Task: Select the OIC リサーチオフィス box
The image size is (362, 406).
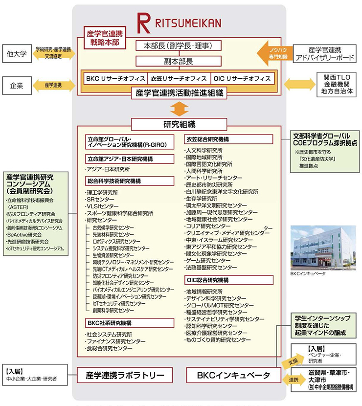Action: [x=242, y=78]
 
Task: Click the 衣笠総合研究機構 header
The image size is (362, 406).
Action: [x=228, y=139]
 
